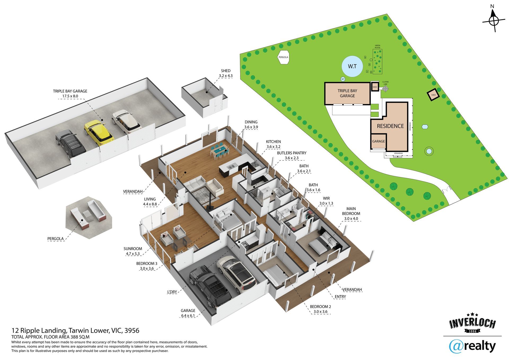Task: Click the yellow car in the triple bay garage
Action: coord(98,133)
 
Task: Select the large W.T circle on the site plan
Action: coord(352,66)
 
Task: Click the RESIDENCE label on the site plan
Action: coord(390,126)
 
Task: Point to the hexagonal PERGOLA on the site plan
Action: coord(283,57)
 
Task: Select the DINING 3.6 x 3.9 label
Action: coord(251,124)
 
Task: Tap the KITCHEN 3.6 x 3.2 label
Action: coord(273,144)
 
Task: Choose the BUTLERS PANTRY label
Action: coord(292,155)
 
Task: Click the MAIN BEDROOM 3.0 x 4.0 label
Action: coord(351,214)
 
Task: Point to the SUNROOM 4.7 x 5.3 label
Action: coord(133,251)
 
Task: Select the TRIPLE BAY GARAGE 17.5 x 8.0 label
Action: coord(70,94)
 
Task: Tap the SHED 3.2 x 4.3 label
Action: coord(226,73)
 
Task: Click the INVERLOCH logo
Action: coord(472,324)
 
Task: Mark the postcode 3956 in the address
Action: coord(132,331)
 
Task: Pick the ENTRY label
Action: coord(340,297)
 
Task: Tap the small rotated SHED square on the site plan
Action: coord(433,95)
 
